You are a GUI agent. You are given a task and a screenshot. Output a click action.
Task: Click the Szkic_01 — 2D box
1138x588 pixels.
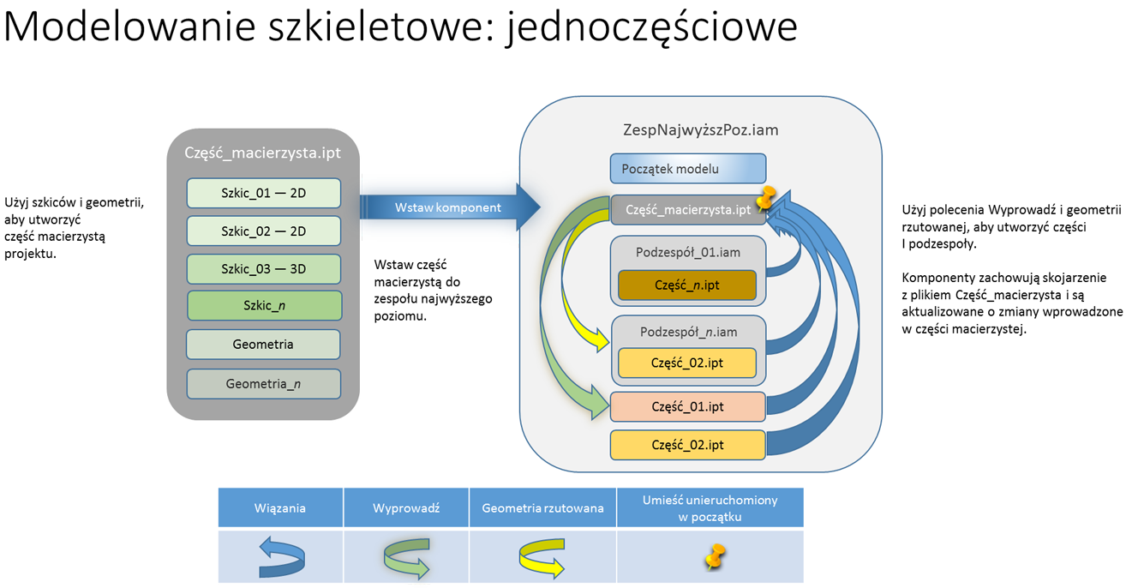coord(264,193)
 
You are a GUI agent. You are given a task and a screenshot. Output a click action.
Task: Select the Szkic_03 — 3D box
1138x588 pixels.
coord(264,268)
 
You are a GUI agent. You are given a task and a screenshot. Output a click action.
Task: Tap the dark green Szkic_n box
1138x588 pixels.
coord(264,306)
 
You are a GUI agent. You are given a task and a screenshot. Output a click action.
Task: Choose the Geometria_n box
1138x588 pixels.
coord(264,384)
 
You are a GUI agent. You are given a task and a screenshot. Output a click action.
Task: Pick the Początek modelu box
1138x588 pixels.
coord(687,168)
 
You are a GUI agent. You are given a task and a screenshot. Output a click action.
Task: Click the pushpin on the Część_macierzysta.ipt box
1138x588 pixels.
coord(764,198)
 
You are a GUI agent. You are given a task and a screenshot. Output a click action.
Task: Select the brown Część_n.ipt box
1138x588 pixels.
coord(687,285)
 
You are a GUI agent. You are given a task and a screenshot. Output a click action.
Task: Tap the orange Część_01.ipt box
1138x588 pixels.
coord(687,406)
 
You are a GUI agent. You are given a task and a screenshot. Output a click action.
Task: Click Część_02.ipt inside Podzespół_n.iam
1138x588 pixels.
coord(687,363)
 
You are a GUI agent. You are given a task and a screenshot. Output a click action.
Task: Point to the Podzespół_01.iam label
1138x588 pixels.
coord(687,252)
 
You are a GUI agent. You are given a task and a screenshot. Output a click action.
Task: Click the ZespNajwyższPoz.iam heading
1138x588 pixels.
coord(700,130)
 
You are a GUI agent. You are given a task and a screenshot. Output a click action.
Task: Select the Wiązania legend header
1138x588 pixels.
coord(280,508)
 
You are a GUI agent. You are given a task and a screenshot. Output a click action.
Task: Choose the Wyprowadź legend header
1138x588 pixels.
coord(406,508)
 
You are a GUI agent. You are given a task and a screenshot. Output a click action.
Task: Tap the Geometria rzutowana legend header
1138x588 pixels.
coord(542,508)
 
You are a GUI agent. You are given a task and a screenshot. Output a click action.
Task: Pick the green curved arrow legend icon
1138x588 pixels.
coord(406,557)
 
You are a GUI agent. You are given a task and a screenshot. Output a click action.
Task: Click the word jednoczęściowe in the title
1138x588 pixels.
coord(654,27)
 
